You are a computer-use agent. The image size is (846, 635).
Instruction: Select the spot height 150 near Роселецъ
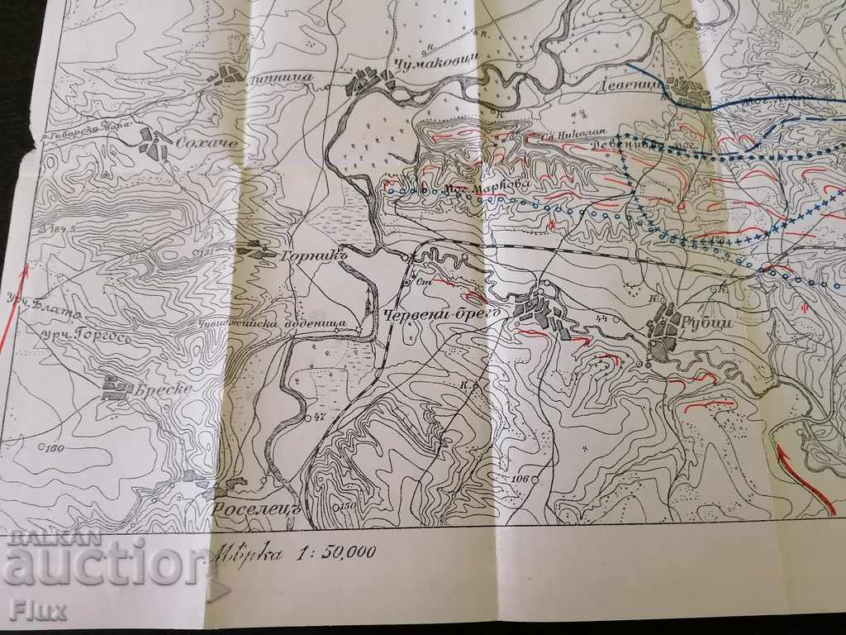click(x=345, y=506)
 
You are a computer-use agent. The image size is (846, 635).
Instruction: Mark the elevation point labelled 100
click(x=55, y=449)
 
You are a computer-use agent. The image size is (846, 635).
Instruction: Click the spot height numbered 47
click(x=319, y=417)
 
